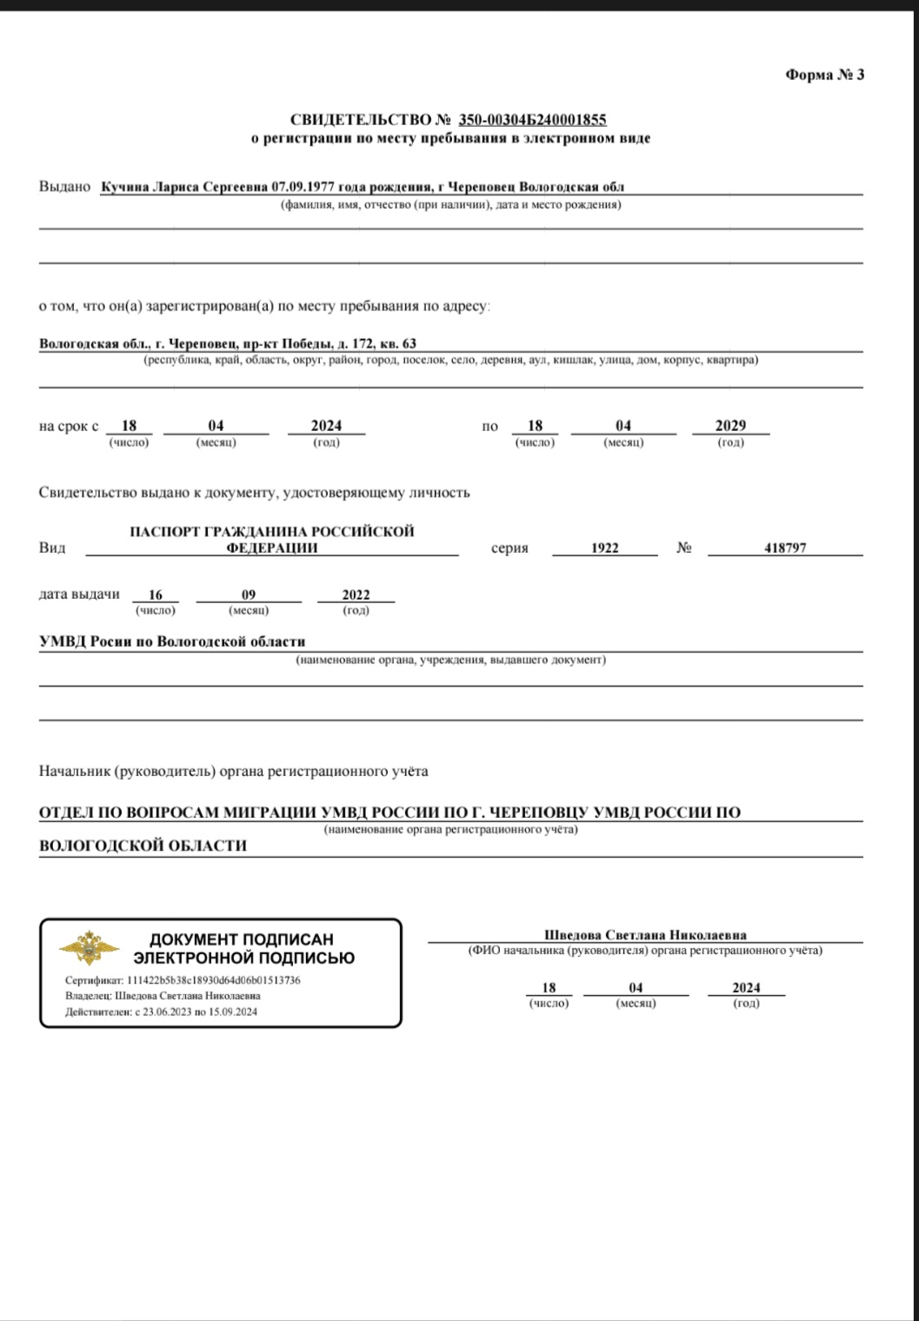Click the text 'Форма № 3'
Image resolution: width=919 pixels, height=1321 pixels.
[824, 75]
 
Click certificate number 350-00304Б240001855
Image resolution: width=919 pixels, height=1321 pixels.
[532, 120]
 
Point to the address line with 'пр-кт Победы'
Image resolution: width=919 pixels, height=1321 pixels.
[228, 343]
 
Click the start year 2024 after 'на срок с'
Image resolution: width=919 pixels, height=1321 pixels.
[326, 426]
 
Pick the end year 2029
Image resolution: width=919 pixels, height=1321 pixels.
[730, 426]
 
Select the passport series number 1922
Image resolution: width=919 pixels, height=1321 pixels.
[604, 548]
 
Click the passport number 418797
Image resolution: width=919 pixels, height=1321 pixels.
[785, 548]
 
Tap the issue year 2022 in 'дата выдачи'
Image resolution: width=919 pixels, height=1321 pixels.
[356, 595]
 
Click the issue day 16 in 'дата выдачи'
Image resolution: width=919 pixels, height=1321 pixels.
[155, 595]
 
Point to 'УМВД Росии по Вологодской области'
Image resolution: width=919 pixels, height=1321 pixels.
[172, 642]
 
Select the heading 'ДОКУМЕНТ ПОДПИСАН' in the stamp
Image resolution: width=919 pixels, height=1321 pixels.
[242, 939]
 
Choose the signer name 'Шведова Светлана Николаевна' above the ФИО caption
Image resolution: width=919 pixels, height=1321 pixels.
[645, 935]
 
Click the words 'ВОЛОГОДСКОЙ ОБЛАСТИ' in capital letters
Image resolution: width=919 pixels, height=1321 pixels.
[143, 846]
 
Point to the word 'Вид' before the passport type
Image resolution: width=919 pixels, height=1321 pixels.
[51, 548]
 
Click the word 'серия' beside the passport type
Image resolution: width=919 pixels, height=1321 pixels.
[509, 548]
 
